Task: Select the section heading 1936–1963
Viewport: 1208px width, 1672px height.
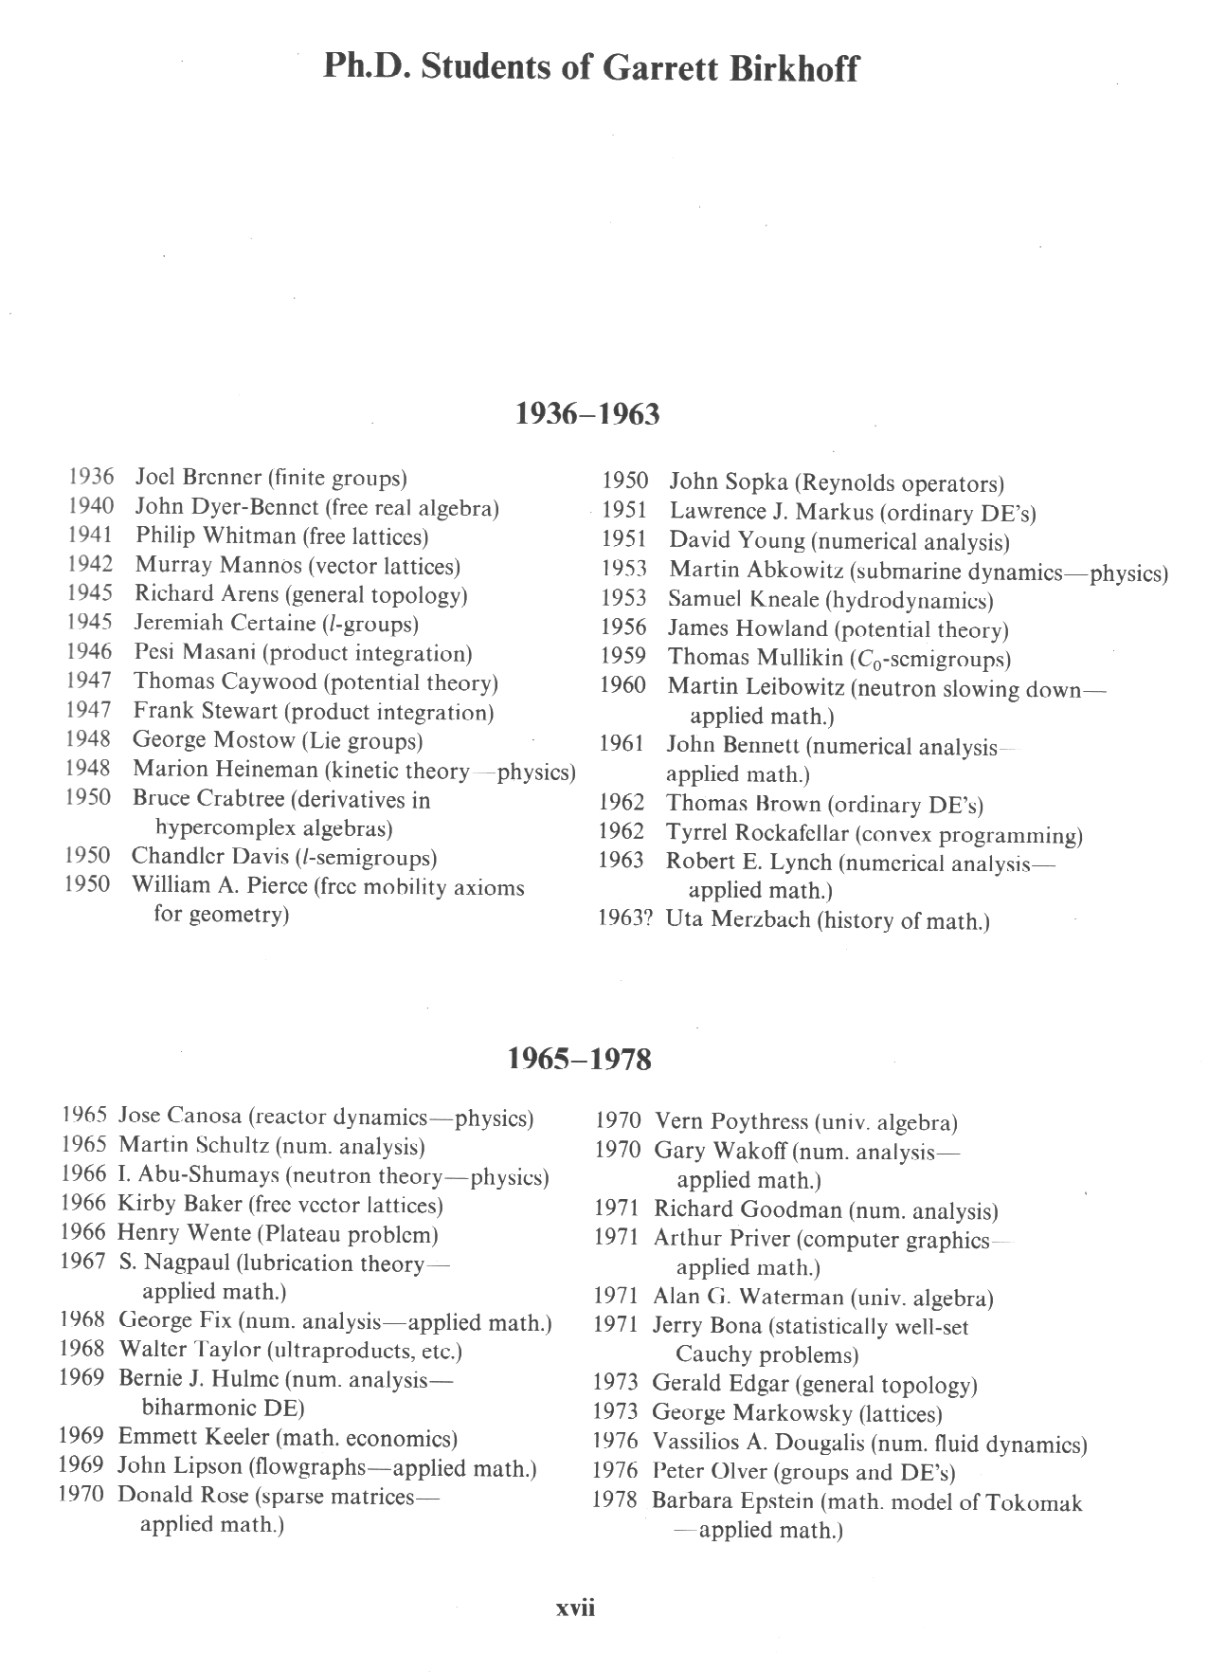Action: (x=587, y=414)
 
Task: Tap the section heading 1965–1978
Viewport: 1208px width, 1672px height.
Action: (x=580, y=1059)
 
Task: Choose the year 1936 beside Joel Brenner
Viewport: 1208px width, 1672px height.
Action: (x=91, y=477)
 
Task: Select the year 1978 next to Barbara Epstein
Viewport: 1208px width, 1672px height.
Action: (x=615, y=1501)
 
